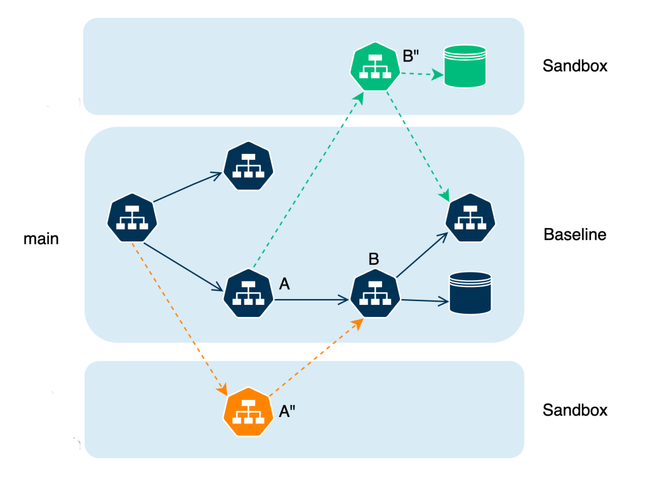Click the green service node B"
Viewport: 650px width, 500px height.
click(x=375, y=66)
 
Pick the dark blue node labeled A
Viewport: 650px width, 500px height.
click(x=248, y=293)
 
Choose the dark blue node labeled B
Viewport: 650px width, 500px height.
click(x=376, y=293)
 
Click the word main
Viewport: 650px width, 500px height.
click(x=41, y=239)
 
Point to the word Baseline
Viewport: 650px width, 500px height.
click(x=575, y=235)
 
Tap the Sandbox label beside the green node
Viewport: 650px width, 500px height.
click(x=575, y=66)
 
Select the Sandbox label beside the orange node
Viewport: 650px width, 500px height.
click(x=575, y=410)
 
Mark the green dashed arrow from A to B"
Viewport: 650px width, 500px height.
click(x=308, y=181)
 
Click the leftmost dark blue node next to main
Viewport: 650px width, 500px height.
click(x=131, y=218)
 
